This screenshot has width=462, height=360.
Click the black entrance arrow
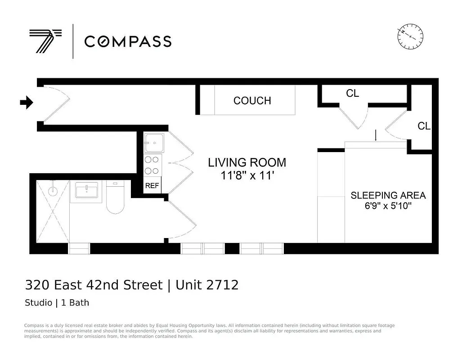27,103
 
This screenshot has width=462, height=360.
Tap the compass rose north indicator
410,37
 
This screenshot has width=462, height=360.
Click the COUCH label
252,101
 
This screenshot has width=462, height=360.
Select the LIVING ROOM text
247,162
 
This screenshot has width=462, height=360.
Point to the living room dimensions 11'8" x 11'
247,175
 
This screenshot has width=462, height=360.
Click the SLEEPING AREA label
388,195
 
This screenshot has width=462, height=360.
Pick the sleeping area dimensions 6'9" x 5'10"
388,207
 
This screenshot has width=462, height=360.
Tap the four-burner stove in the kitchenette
152,165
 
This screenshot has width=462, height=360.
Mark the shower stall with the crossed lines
53,211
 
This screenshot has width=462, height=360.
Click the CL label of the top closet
352,94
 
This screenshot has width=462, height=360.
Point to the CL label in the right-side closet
424,126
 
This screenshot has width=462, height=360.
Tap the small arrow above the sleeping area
376,135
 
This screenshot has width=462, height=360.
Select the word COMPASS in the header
128,42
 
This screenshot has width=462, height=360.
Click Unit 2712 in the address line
207,285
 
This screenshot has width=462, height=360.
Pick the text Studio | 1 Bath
57,303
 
